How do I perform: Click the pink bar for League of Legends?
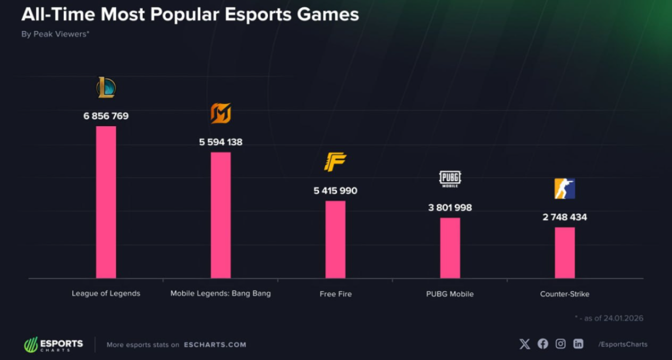[106, 202]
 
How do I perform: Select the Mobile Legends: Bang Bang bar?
[221, 215]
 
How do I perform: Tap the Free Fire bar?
[335, 239]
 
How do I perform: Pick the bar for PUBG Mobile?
[450, 248]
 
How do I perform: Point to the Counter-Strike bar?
[565, 252]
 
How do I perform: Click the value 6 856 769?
[106, 116]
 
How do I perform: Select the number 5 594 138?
[221, 142]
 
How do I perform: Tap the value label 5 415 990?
[335, 191]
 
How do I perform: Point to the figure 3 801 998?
[450, 208]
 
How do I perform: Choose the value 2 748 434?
[565, 217]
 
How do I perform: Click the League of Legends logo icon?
[106, 88]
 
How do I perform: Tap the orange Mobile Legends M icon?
[221, 113]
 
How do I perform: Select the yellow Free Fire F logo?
[335, 162]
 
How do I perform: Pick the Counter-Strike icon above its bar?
[565, 188]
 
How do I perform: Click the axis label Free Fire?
[335, 294]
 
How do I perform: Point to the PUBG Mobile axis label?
[450, 294]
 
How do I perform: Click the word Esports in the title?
[260, 14]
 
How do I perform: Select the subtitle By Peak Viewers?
[55, 34]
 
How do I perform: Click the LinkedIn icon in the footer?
[578, 344]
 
